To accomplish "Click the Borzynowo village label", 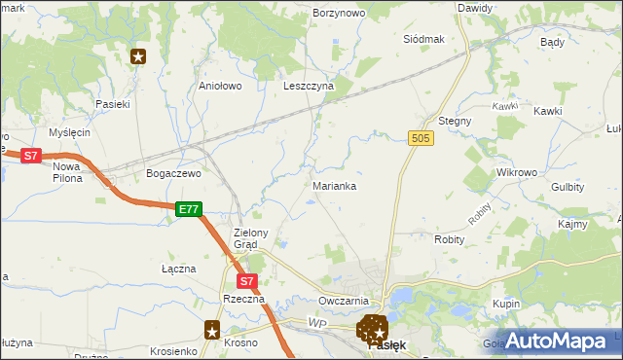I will point(338,13).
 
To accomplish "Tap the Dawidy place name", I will point(474,8).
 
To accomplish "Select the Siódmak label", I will point(423,39).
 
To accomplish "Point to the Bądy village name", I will point(552,43).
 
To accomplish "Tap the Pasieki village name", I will point(112,103).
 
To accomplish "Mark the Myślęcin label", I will point(69,132).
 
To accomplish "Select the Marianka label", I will point(334,185).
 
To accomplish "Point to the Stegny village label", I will point(455,121).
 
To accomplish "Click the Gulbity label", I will point(567,187).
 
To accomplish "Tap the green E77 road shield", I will point(189,208).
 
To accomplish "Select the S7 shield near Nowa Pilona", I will point(31,155).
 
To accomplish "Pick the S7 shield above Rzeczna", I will point(247,281).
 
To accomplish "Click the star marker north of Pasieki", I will point(138,56).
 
